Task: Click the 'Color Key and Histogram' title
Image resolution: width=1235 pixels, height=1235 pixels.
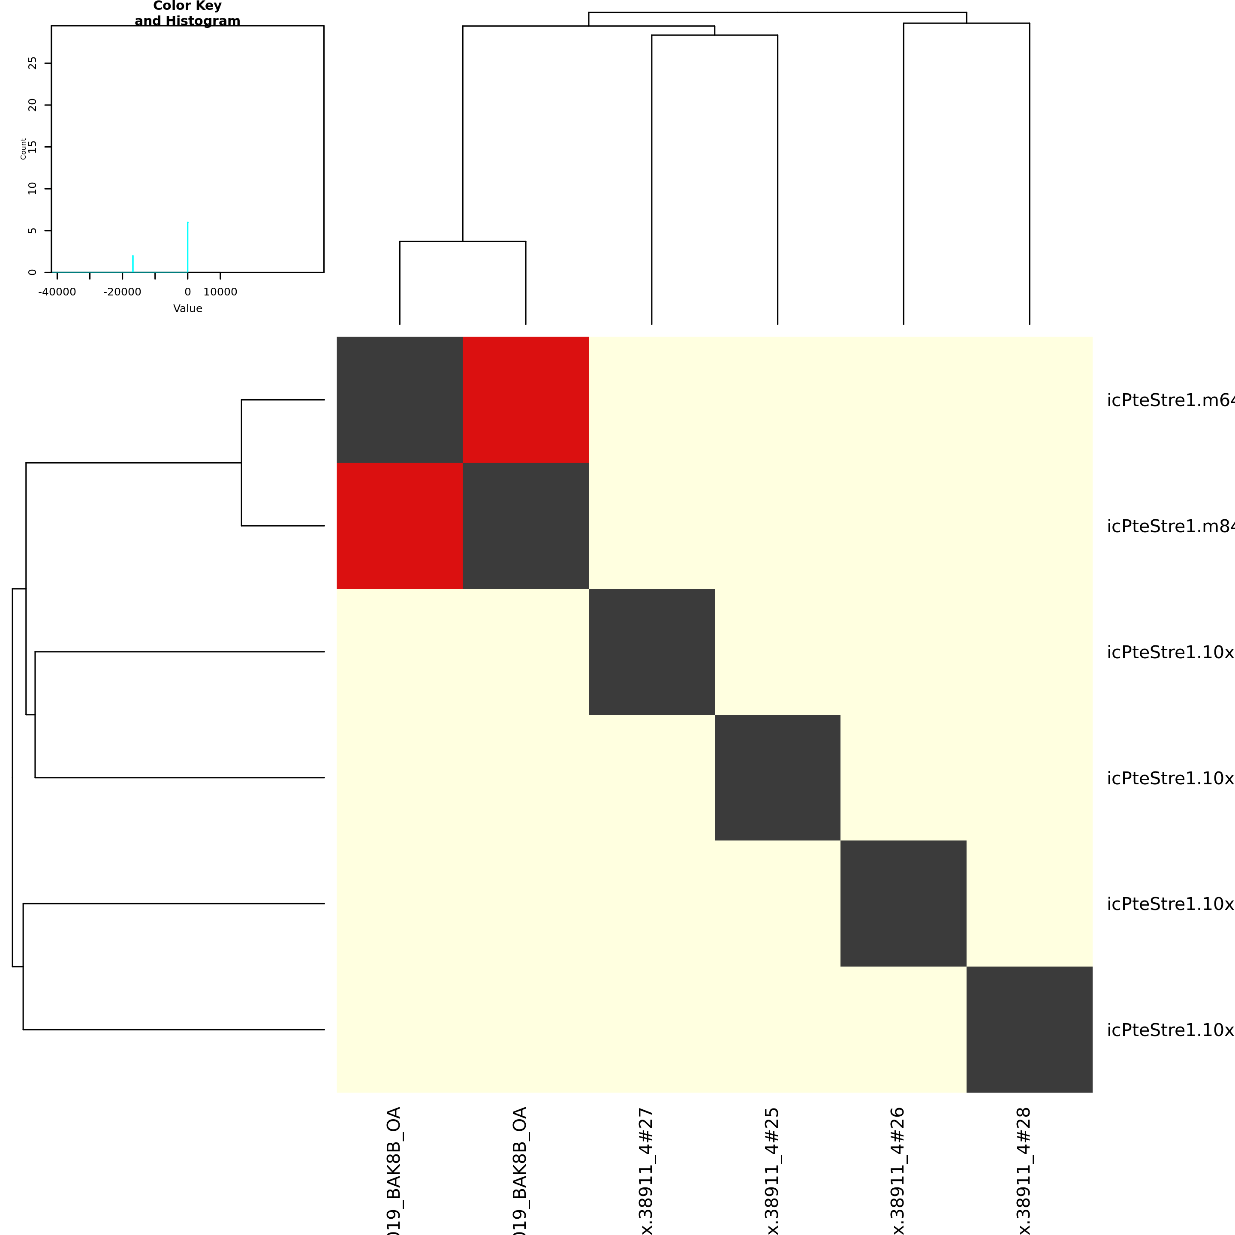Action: (x=187, y=13)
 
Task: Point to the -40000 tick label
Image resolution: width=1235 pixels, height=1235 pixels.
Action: (x=57, y=292)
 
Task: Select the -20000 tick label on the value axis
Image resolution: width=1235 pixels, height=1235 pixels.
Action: (x=122, y=292)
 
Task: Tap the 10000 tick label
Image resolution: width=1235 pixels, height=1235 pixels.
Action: (x=220, y=292)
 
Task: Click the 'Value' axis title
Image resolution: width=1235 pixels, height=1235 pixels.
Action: (x=187, y=309)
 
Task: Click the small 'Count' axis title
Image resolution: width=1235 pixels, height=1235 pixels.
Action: (x=23, y=148)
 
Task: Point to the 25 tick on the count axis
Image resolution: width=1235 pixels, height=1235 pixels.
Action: (x=33, y=63)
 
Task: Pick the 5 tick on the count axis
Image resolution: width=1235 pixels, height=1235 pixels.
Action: (x=33, y=231)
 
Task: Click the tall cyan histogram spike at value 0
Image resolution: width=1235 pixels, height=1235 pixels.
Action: (x=187, y=247)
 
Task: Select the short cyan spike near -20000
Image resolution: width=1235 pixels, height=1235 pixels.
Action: (x=133, y=263)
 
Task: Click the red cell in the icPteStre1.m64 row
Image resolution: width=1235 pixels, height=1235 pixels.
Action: (x=525, y=400)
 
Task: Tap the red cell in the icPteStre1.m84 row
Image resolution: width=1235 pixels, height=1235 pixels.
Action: (x=400, y=525)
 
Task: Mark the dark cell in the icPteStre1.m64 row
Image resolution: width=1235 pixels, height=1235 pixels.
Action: (x=400, y=400)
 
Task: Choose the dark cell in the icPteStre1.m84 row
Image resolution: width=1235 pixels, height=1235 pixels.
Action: (x=525, y=525)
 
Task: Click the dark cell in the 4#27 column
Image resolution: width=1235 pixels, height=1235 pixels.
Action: (x=651, y=651)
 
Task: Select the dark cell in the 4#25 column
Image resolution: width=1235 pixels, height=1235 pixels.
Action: (x=777, y=777)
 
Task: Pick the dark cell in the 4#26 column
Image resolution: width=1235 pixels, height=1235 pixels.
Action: (x=903, y=903)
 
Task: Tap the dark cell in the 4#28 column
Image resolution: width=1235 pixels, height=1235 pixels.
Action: (x=1029, y=1029)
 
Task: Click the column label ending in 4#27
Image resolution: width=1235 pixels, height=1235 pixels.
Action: (x=647, y=1170)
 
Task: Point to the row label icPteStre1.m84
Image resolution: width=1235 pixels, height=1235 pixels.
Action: (x=1170, y=526)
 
